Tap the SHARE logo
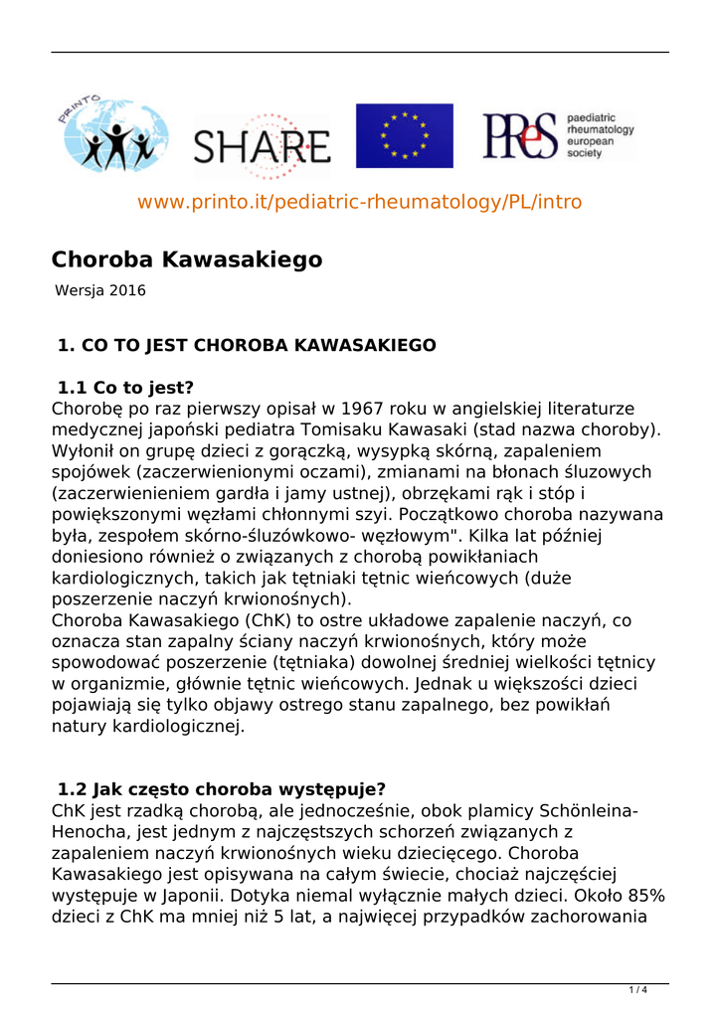tap(262, 147)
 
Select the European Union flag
tap(405, 135)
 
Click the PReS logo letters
tap(519, 136)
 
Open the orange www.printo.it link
tap(360, 202)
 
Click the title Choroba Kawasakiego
tap(187, 259)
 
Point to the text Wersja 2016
tap(100, 291)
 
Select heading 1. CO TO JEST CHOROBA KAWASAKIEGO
tap(247, 346)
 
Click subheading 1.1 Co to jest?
tap(125, 388)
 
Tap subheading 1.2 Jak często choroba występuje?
tap(222, 790)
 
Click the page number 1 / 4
tap(637, 990)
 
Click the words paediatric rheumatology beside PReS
tap(600, 123)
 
